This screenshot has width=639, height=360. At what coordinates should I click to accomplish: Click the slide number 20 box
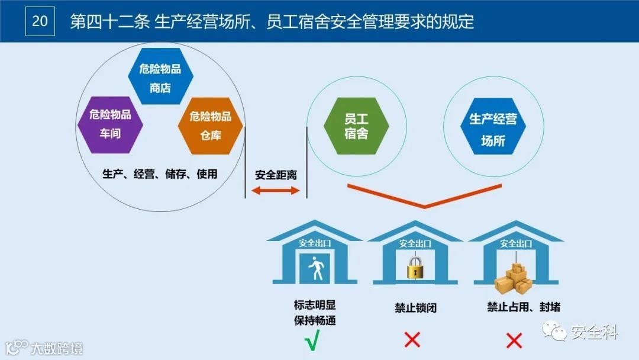click(x=40, y=21)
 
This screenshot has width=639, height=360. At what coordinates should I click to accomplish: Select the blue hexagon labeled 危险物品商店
click(x=160, y=78)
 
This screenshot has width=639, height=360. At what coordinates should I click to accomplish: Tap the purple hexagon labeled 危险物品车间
click(x=110, y=124)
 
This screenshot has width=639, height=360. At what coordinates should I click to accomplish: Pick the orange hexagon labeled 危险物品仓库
click(x=211, y=126)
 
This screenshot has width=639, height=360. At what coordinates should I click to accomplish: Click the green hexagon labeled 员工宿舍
click(x=356, y=126)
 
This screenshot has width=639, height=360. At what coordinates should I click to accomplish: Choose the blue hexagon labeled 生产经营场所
click(x=493, y=130)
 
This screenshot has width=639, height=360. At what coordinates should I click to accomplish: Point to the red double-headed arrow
click(x=276, y=190)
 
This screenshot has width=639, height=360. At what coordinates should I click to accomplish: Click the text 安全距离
click(x=276, y=175)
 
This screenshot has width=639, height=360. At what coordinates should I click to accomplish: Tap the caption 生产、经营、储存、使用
click(x=160, y=174)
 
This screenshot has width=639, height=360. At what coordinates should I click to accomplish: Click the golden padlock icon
click(x=414, y=267)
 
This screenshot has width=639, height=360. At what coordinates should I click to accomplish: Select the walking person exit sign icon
click(x=315, y=270)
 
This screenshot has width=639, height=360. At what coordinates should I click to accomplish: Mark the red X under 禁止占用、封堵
click(x=514, y=340)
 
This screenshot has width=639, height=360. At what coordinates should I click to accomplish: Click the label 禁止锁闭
click(x=415, y=308)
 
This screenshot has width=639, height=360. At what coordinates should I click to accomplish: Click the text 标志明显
click(x=315, y=306)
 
